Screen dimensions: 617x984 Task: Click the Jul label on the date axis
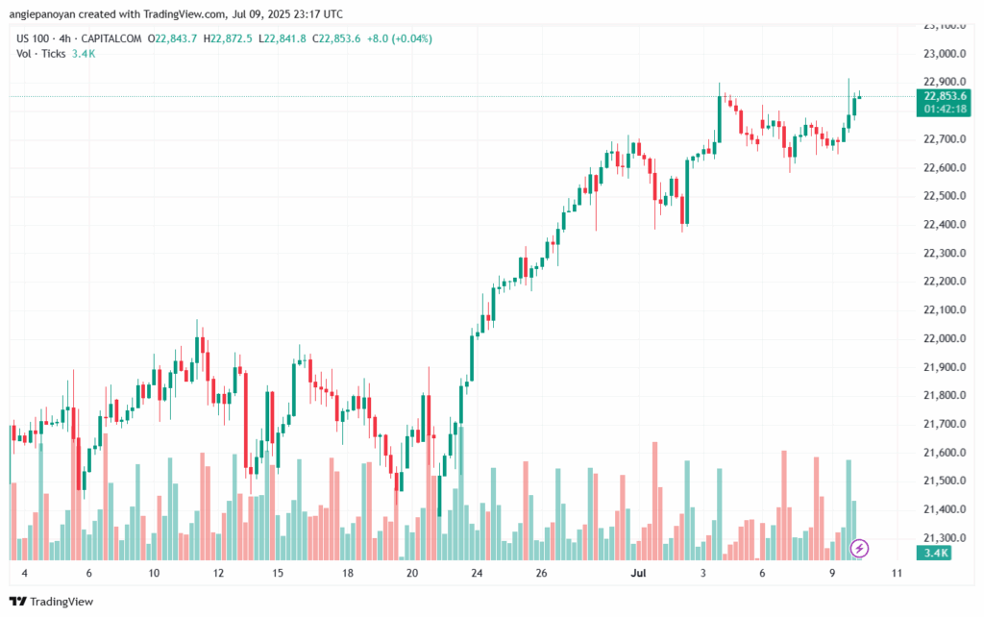pos(637,574)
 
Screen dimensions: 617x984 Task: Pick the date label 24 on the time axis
pos(477,574)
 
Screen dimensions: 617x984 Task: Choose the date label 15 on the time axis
pos(278,574)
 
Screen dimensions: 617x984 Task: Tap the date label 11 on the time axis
pos(897,574)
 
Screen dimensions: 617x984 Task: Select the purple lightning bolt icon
pos(861,548)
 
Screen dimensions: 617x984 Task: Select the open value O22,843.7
pos(172,38)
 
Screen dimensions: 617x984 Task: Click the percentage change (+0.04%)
pos(410,38)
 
